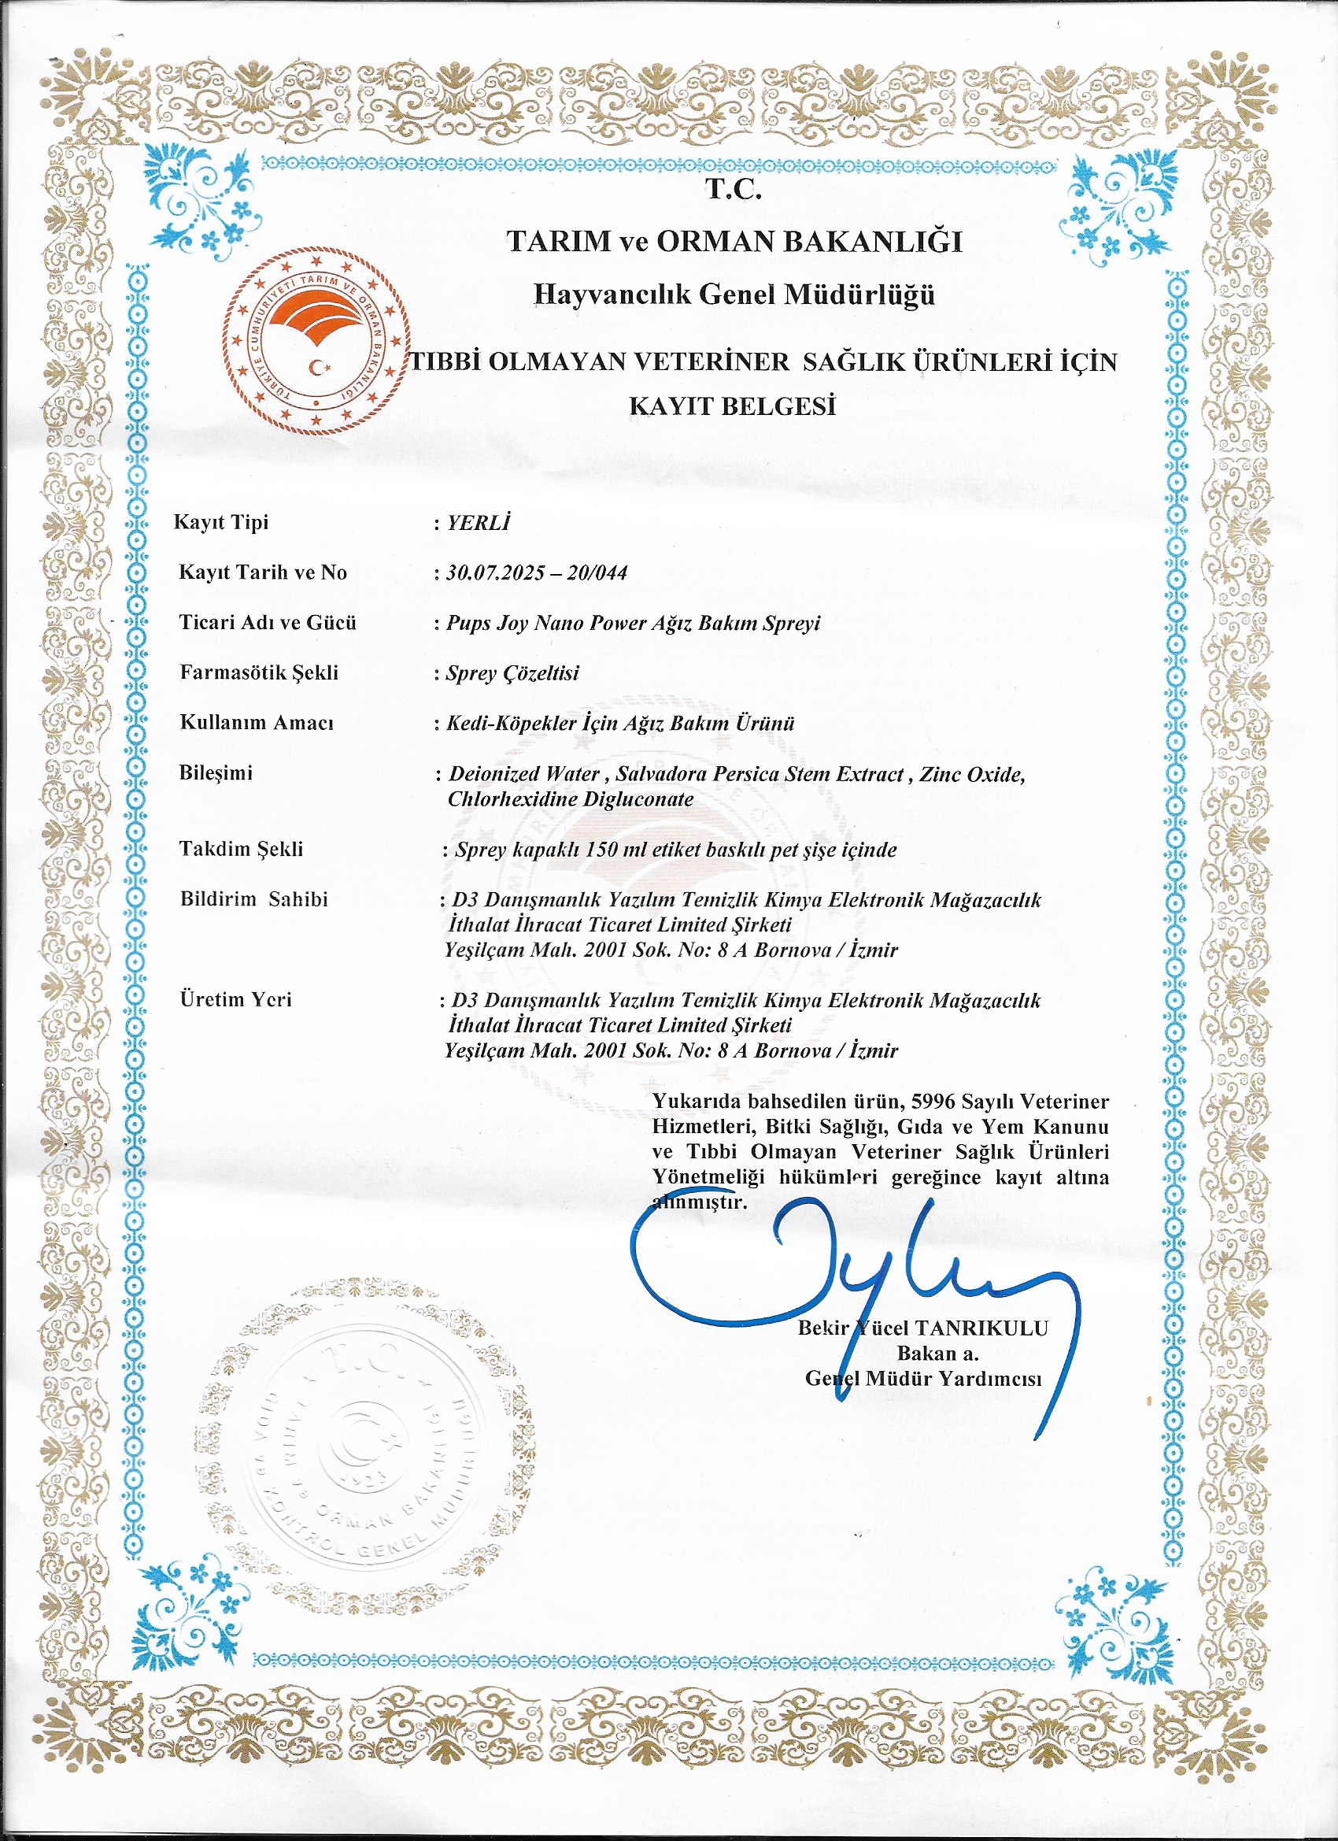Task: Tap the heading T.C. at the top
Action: click(x=733, y=189)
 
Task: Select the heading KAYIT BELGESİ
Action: click(x=733, y=405)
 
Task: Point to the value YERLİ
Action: click(x=479, y=523)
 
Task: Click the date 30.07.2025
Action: click(x=495, y=573)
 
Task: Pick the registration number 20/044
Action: click(x=597, y=573)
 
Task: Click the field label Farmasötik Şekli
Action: click(x=259, y=672)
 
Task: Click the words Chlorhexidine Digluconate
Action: click(x=571, y=798)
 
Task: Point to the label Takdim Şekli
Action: click(x=241, y=849)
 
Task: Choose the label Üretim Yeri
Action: click(x=235, y=999)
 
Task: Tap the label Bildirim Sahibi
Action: click(x=254, y=899)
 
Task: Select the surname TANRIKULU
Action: click(x=981, y=1329)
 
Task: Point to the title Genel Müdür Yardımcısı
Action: click(x=922, y=1378)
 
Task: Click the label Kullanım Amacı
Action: click(x=257, y=722)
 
